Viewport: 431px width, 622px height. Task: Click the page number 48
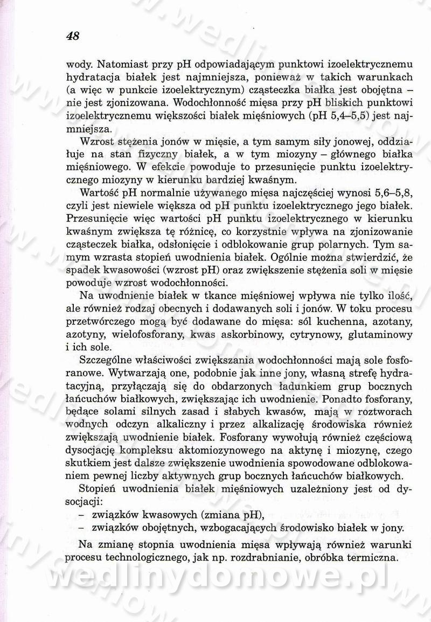(x=72, y=37)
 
